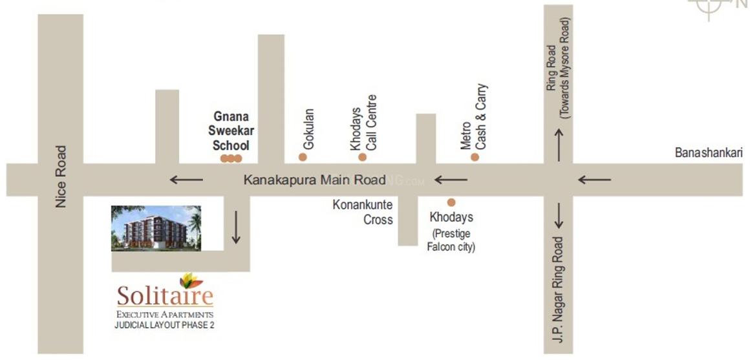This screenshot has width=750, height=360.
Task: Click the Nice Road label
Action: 61,176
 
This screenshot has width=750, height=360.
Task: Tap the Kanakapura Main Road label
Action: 314,180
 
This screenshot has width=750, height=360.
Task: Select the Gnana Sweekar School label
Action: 233,131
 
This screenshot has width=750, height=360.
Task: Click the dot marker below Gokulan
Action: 302,157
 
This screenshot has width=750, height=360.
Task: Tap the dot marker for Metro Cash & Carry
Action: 475,157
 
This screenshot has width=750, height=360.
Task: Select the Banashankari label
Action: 708,153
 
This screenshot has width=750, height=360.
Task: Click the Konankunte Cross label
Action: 363,212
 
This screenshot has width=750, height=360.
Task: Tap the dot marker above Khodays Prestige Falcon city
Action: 451,202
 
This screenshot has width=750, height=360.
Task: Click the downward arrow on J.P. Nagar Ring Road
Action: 559,216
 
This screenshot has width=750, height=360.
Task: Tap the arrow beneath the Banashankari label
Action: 594,180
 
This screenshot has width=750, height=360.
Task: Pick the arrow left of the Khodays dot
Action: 451,180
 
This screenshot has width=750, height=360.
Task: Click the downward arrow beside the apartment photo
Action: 236,228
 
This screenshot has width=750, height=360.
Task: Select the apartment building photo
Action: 156,228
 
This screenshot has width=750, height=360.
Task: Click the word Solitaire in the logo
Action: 165,297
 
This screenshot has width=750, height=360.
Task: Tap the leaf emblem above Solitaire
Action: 190,280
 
